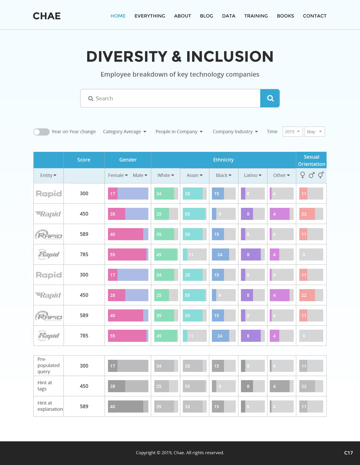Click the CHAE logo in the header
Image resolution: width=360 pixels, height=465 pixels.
point(47,16)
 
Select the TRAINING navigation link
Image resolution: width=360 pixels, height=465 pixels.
point(256,16)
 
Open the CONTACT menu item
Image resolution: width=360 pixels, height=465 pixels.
point(314,16)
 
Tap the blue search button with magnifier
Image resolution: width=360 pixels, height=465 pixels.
point(270,98)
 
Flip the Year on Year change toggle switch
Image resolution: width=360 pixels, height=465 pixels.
point(41,132)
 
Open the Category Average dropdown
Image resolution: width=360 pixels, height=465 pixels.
point(125,132)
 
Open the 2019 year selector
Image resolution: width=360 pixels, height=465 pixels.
point(292,132)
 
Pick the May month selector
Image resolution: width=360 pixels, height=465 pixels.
point(314,132)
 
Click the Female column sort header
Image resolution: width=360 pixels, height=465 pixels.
point(118,175)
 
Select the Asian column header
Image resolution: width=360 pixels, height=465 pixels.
point(195,175)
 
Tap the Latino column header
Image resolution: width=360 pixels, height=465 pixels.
point(253,175)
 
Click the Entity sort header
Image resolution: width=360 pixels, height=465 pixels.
point(48,175)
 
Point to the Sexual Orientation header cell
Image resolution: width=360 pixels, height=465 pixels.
point(311,160)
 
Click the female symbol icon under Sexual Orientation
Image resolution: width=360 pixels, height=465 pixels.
point(303,175)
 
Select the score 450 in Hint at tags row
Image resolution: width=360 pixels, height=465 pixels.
point(84,386)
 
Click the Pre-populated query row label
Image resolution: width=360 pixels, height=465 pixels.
point(48,365)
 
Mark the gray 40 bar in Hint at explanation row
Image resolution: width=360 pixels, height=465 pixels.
point(125,406)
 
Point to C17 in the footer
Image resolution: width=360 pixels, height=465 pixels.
point(348,453)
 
